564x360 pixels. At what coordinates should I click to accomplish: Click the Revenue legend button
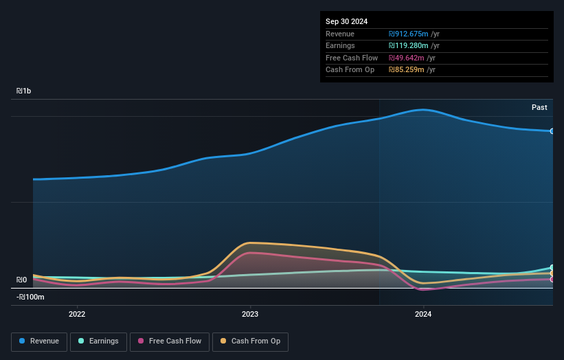pyautogui.click(x=39, y=341)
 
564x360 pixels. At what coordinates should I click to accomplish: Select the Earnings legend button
pyautogui.click(x=98, y=341)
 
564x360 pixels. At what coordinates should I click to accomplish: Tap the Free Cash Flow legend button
pyautogui.click(x=170, y=341)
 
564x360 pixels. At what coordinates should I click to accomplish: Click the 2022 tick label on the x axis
pyautogui.click(x=77, y=314)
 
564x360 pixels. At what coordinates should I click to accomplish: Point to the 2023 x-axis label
pyautogui.click(x=250, y=314)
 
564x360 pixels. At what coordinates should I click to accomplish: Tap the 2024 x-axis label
pyautogui.click(x=423, y=314)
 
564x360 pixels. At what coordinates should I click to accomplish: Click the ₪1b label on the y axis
pyautogui.click(x=24, y=91)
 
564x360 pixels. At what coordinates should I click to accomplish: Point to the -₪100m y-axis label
pyautogui.click(x=30, y=297)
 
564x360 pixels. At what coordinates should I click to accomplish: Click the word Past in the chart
pyautogui.click(x=539, y=107)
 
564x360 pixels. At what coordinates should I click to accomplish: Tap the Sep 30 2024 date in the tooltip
pyautogui.click(x=346, y=21)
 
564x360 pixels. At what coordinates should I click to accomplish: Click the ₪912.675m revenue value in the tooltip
pyautogui.click(x=408, y=34)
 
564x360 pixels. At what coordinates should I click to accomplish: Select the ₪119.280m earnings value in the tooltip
pyautogui.click(x=408, y=45)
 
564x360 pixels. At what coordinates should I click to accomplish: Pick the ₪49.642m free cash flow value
pyautogui.click(x=406, y=58)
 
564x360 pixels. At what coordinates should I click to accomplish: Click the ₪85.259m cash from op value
pyautogui.click(x=406, y=69)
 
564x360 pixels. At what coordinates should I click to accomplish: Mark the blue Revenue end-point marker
pyautogui.click(x=552, y=131)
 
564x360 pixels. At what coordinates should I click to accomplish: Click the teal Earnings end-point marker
pyautogui.click(x=552, y=267)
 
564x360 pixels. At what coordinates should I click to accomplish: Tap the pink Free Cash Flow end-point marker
pyautogui.click(x=552, y=279)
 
